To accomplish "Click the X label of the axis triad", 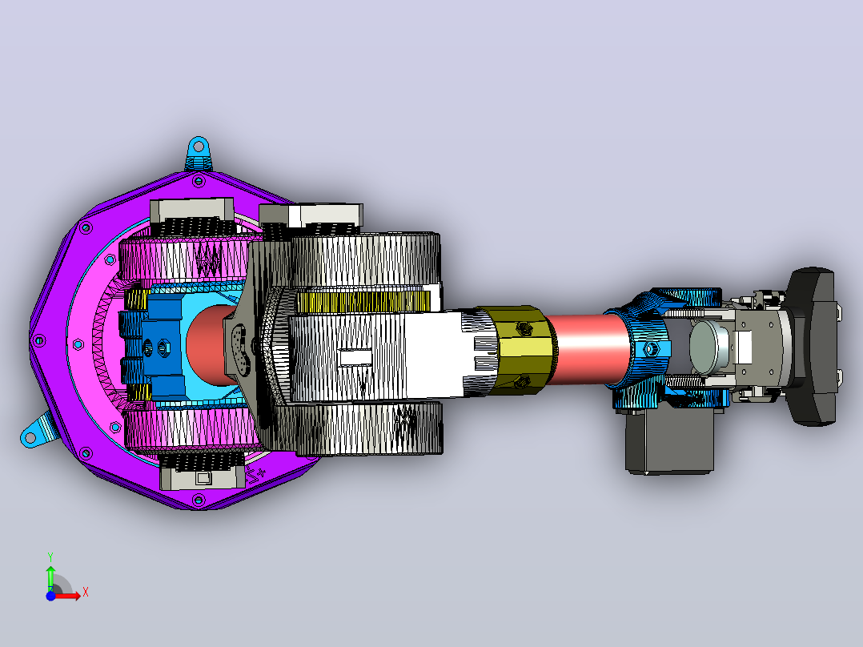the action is click(86, 593).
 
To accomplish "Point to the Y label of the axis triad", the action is click(50, 557).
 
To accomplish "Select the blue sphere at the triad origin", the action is click(50, 596).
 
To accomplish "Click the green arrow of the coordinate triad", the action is click(50, 577).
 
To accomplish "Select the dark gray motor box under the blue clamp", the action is click(670, 440).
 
